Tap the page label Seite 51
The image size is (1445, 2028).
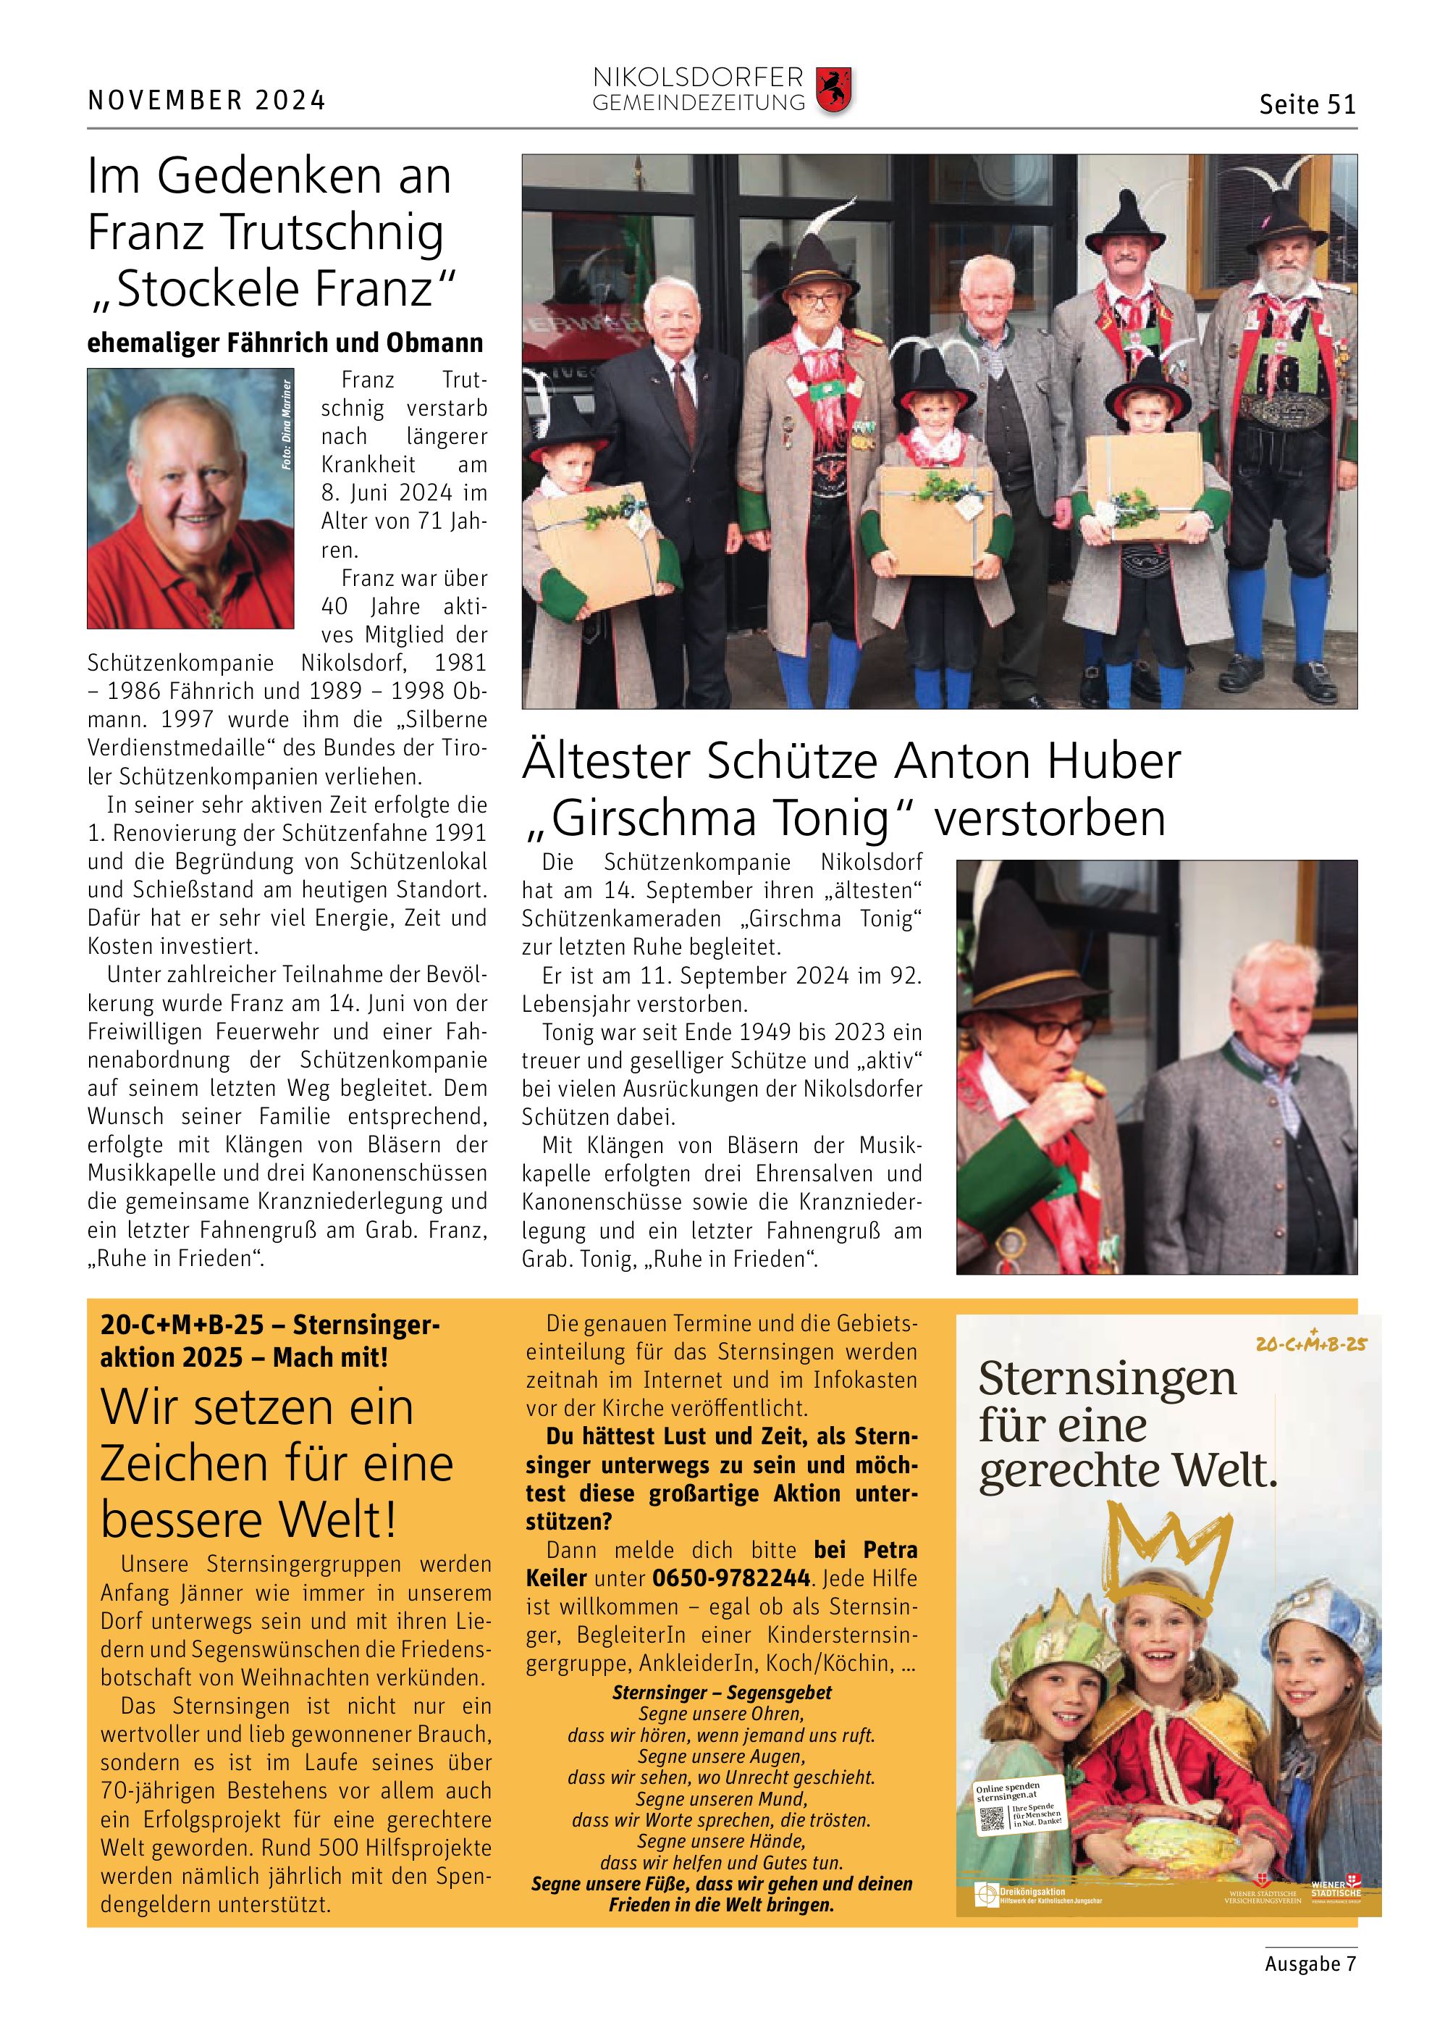pyautogui.click(x=1306, y=104)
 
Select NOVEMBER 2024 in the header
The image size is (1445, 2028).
pyautogui.click(x=206, y=100)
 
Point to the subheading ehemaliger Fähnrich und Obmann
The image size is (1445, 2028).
pyautogui.click(x=285, y=343)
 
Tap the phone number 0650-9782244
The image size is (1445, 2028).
pyautogui.click(x=730, y=1578)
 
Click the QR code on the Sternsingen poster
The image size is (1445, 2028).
pyautogui.click(x=991, y=1819)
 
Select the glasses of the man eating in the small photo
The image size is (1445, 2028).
pyautogui.click(x=1041, y=1031)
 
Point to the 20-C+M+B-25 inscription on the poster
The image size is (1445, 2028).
pyautogui.click(x=1310, y=1344)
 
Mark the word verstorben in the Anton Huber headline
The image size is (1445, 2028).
pyautogui.click(x=1050, y=818)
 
